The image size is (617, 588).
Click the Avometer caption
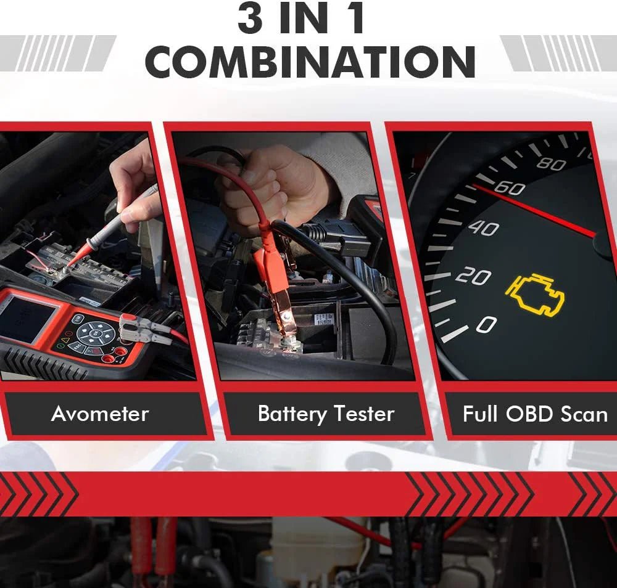point(100,413)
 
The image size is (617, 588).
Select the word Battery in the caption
point(291,413)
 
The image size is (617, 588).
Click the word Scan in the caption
point(584,413)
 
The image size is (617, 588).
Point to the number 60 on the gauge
point(509,187)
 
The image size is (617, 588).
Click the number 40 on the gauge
point(483,228)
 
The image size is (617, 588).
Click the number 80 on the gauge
point(551,163)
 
